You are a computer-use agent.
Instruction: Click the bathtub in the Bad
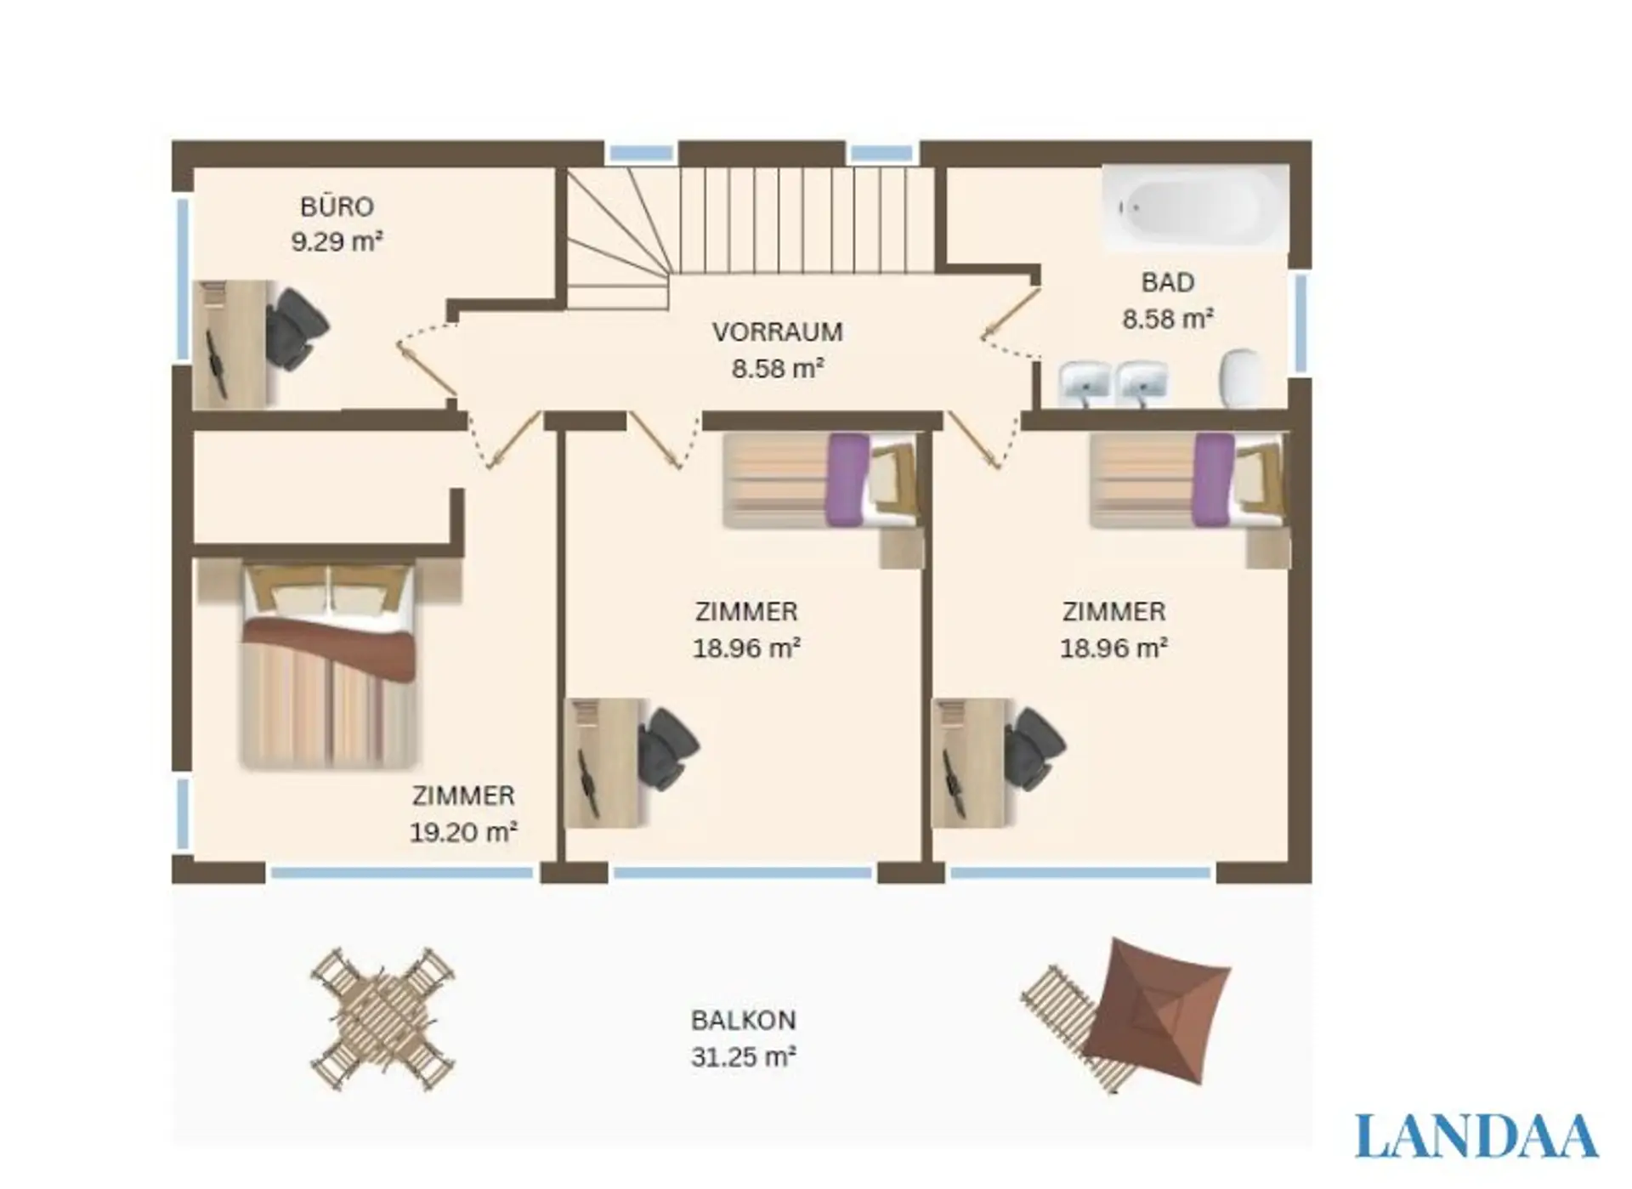pyautogui.click(x=1195, y=207)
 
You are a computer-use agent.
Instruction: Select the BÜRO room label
pyautogui.click(x=337, y=207)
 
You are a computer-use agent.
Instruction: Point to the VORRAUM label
pyautogui.click(x=777, y=331)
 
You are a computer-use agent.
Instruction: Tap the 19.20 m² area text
pyautogui.click(x=463, y=831)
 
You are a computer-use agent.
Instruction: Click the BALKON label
pyautogui.click(x=743, y=1020)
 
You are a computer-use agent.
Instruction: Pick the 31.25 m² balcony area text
pyautogui.click(x=743, y=1057)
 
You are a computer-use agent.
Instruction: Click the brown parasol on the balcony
pyautogui.click(x=1157, y=1011)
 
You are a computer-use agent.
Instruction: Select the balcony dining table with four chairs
pyautogui.click(x=382, y=1019)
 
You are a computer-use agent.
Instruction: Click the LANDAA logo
pyautogui.click(x=1476, y=1135)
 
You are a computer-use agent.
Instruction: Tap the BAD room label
pyautogui.click(x=1167, y=282)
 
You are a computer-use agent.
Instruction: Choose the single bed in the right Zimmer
pyautogui.click(x=1187, y=480)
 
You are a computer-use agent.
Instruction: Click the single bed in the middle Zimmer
pyautogui.click(x=821, y=480)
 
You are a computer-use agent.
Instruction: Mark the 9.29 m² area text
pyautogui.click(x=337, y=241)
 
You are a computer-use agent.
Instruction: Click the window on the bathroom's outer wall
pyautogui.click(x=1300, y=323)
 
